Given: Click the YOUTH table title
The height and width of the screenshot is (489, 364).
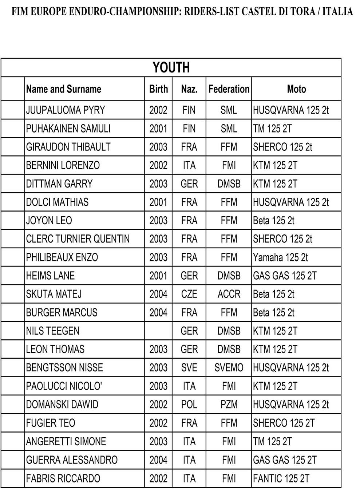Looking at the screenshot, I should [171, 67].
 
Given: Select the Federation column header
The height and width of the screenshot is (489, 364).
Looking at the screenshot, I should [229, 89].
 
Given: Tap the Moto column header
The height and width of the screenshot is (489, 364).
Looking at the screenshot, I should [296, 89].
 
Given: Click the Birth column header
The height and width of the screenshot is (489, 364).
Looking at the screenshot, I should [158, 89].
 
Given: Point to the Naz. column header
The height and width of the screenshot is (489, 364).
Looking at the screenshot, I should [189, 89].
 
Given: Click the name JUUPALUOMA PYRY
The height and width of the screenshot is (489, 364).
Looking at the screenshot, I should [66, 110].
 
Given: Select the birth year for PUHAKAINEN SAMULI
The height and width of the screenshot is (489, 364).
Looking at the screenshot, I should [158, 129].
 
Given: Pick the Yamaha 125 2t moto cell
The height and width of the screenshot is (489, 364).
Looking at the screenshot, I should [280, 257].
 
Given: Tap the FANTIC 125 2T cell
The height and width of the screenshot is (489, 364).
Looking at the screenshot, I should [281, 478].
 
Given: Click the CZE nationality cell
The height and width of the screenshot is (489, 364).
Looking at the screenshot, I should [189, 294].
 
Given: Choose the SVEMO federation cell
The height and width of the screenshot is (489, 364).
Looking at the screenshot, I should [229, 368].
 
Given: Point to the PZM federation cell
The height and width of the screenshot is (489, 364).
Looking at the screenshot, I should [229, 405].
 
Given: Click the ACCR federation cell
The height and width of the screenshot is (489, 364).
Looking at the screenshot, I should [229, 294].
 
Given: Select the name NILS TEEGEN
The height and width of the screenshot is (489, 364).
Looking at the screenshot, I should [53, 331].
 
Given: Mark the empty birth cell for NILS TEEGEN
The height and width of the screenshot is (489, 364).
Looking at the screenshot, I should [158, 331].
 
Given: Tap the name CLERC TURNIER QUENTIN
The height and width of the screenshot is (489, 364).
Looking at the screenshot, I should [78, 239].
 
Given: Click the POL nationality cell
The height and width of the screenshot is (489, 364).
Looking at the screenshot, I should [189, 405].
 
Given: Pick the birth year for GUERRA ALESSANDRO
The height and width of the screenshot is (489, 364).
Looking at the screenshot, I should [158, 460].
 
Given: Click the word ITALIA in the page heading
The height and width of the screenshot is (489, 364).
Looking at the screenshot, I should [338, 12].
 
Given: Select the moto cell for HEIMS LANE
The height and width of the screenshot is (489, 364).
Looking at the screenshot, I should [285, 276].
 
